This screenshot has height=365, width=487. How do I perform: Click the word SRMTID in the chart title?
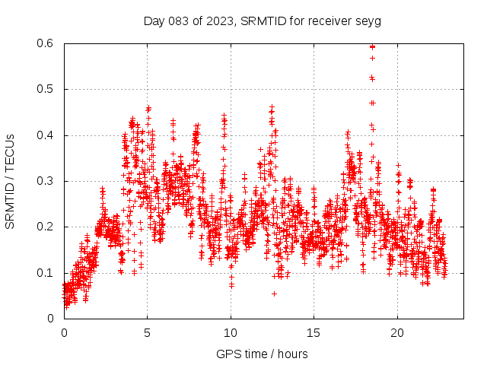click(x=260, y=21)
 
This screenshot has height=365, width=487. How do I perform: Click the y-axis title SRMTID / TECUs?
click(x=10, y=182)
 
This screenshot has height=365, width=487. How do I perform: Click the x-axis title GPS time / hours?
click(x=262, y=354)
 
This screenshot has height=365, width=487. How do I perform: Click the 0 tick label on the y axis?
click(x=50, y=318)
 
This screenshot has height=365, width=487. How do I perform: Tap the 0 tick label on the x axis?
click(x=64, y=333)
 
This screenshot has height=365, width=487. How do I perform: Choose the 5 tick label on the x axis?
click(x=148, y=333)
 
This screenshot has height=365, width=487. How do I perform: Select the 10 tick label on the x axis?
click(x=231, y=333)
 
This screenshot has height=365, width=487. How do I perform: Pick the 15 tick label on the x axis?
click(x=314, y=333)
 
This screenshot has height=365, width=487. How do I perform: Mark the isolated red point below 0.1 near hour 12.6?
click(x=274, y=294)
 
